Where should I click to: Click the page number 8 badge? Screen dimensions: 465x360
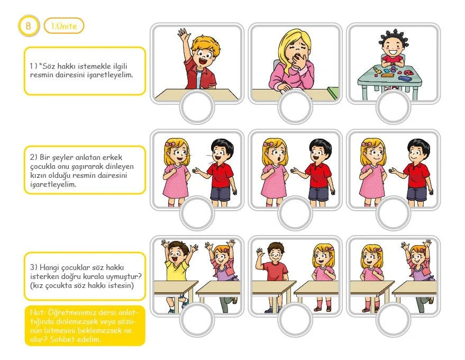[29, 26]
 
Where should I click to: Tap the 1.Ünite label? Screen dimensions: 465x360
[64, 26]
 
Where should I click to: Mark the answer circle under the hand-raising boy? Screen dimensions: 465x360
[197, 107]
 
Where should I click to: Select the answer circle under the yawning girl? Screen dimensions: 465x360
[295, 107]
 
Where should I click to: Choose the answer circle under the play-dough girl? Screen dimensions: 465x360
[393, 107]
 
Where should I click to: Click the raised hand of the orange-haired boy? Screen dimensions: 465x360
[184, 35]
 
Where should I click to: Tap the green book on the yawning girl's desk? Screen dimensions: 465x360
[333, 92]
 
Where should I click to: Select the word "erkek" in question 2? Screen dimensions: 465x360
[113, 157]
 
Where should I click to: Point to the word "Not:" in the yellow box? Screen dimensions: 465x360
[38, 312]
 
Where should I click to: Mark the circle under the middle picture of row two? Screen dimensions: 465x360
[295, 213]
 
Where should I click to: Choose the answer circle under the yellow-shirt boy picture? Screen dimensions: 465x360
[197, 320]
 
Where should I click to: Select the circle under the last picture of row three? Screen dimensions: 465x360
[393, 320]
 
